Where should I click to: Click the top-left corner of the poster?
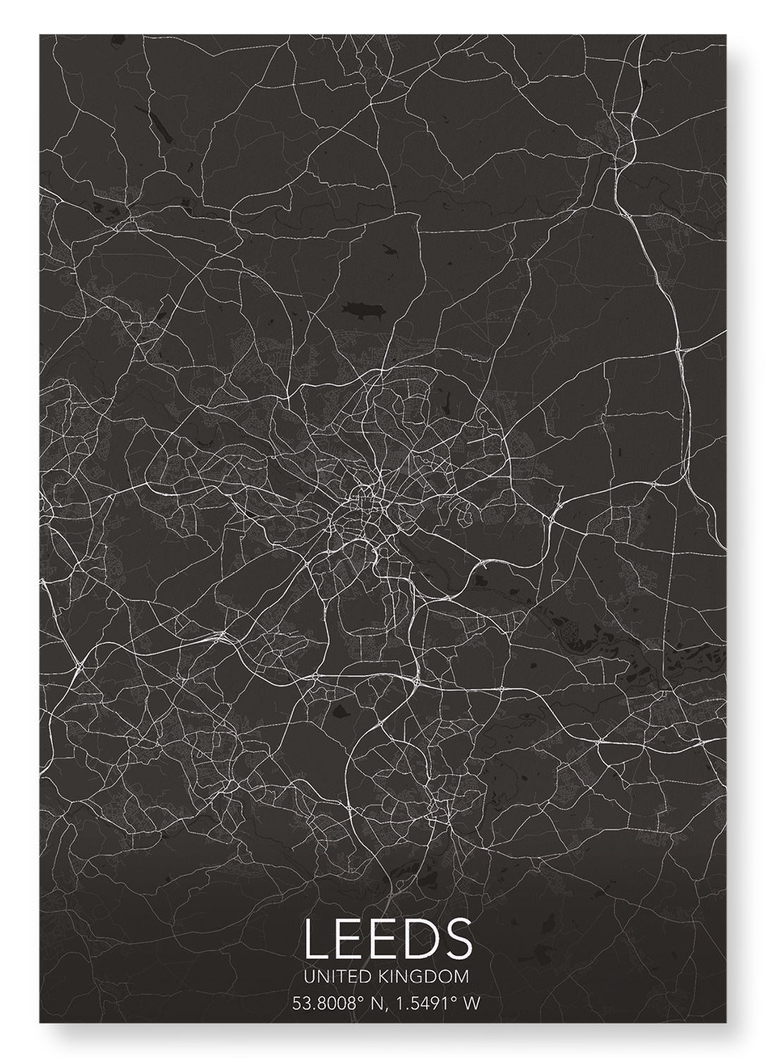coord(39,34)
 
